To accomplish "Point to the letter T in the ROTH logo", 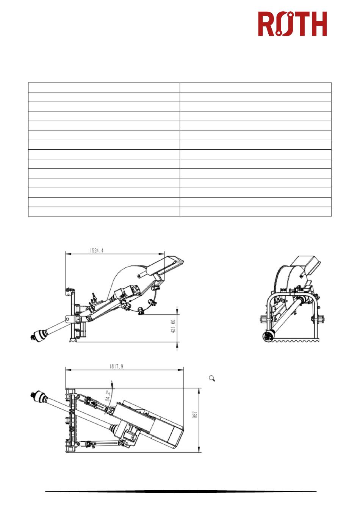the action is coord(300,24).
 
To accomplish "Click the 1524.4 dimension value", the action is coord(97,251).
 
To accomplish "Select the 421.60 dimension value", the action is coord(174,326).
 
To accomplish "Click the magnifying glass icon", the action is coord(212,378).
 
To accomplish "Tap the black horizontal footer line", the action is coord(181,492).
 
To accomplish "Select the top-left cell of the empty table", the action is coord(104,87).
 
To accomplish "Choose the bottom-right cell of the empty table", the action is coord(255,212).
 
